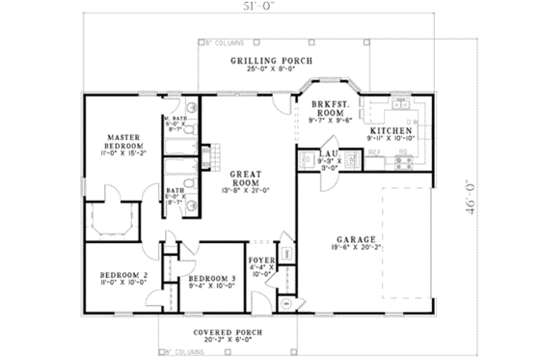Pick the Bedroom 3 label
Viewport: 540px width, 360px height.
pyautogui.click(x=209, y=276)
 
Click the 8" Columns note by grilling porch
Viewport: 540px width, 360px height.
pyautogui.click(x=224, y=42)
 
